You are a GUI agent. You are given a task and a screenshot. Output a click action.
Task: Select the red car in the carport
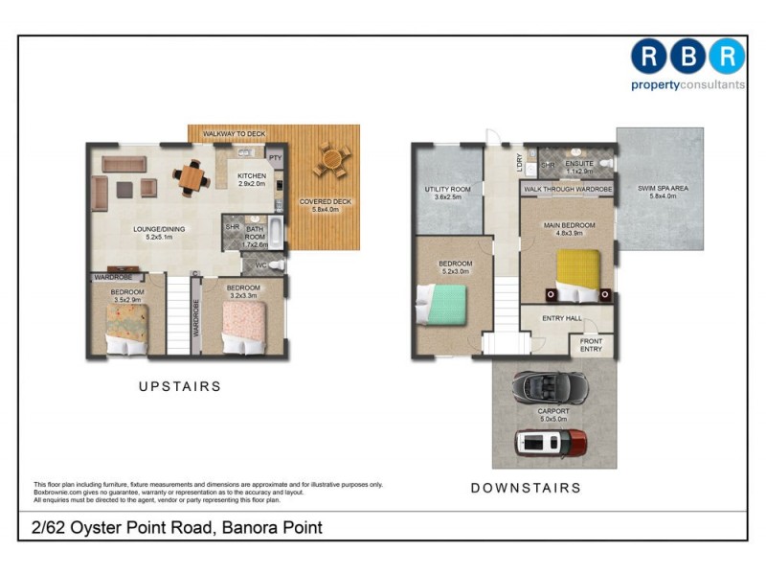[x=551, y=442]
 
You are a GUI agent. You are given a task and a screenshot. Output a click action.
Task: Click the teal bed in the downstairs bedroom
[x=440, y=308]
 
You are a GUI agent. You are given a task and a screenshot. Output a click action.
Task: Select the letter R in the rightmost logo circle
[x=727, y=57]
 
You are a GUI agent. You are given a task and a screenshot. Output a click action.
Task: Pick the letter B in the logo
[x=687, y=57]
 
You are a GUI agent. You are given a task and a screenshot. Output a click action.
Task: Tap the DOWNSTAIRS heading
[x=526, y=488]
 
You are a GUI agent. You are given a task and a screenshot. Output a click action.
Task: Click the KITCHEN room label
[x=252, y=176]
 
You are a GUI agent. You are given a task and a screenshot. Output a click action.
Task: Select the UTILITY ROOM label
[x=447, y=190]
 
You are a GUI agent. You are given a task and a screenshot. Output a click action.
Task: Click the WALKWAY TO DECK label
[x=234, y=133]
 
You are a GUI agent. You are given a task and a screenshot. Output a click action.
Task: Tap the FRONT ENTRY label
[x=591, y=345]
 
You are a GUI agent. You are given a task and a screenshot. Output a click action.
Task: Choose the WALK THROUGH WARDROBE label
[x=567, y=190]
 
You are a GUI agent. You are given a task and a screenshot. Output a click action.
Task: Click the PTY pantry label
[x=275, y=157]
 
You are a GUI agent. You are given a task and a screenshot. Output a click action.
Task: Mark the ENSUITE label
[x=579, y=164]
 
